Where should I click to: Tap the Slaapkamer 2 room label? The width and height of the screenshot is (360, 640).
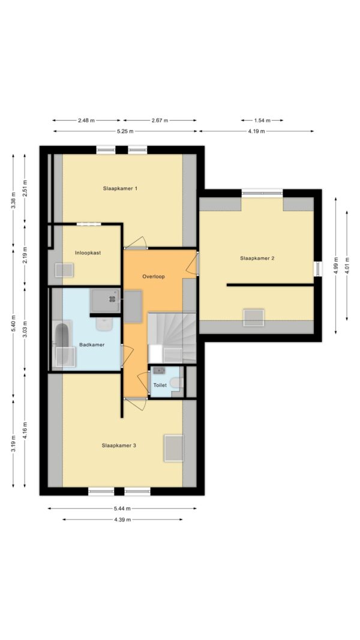(x=257, y=259)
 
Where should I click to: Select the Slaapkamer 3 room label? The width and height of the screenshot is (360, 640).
(x=119, y=445)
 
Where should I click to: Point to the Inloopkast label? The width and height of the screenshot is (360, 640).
(x=88, y=253)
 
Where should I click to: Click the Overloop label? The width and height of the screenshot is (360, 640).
(x=154, y=277)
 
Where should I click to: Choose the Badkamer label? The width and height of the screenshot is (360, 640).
(x=92, y=344)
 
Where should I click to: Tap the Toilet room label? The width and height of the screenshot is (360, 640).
(x=160, y=385)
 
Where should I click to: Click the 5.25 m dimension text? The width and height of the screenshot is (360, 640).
(x=125, y=131)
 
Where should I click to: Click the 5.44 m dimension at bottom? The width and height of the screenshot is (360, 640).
(x=122, y=509)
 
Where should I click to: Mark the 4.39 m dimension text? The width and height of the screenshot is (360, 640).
(x=122, y=519)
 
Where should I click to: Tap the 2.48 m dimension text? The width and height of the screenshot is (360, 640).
(x=86, y=120)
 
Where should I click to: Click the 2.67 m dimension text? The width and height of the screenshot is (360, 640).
(x=160, y=120)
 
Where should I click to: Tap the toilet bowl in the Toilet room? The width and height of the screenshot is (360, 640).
(x=175, y=382)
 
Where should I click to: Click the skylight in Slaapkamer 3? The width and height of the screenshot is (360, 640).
(x=173, y=448)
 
